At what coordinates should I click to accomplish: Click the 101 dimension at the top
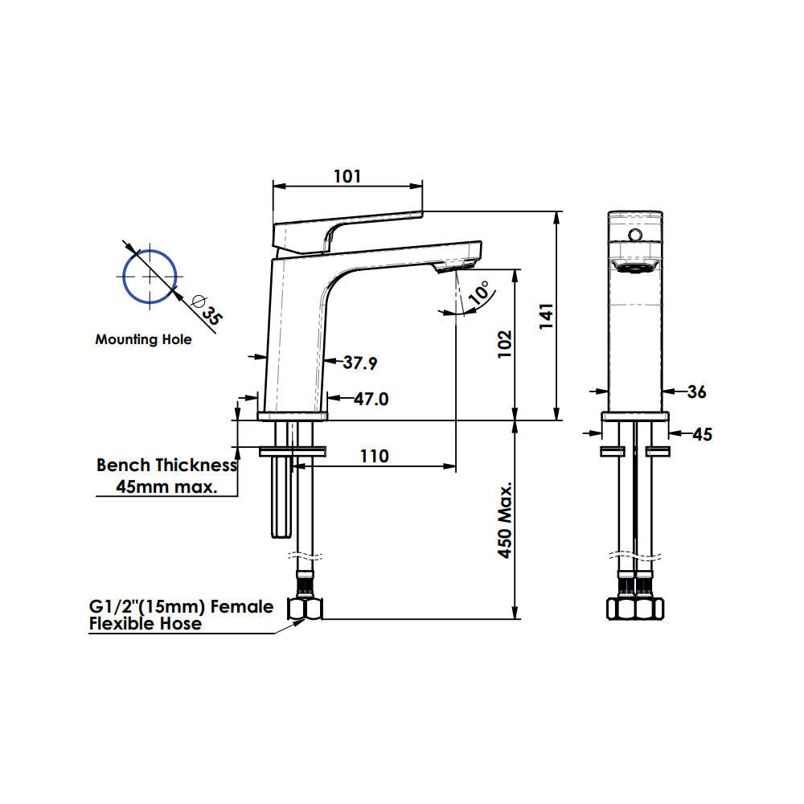(347, 176)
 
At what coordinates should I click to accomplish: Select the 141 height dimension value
(547, 316)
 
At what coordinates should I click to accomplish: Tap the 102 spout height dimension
(505, 343)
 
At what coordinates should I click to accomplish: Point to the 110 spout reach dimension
(375, 456)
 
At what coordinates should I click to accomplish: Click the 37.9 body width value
(360, 363)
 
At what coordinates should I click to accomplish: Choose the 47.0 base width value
(371, 399)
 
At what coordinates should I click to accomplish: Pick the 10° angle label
(478, 293)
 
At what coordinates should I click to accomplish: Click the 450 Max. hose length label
(505, 520)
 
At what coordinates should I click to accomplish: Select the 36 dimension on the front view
(697, 392)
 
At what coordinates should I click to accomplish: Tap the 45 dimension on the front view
(703, 435)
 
